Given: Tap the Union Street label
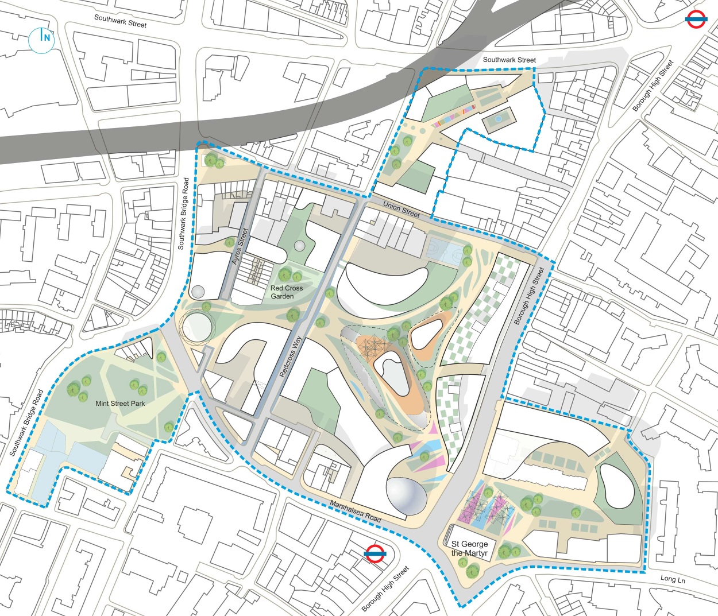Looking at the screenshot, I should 402,209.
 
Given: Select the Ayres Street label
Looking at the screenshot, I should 240,246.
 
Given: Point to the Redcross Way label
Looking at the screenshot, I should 291,356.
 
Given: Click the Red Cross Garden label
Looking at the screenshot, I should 286,292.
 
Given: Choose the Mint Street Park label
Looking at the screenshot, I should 120,404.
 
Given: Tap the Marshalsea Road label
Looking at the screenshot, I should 355,511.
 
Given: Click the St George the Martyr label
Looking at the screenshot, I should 469,548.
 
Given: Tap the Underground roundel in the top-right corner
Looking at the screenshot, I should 696,21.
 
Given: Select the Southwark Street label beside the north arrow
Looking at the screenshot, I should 120,21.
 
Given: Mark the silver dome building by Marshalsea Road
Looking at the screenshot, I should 407,495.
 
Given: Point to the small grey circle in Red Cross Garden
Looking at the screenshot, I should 299,246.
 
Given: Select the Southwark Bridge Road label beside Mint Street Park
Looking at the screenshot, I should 26,423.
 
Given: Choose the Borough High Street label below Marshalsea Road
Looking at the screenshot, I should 385,588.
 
